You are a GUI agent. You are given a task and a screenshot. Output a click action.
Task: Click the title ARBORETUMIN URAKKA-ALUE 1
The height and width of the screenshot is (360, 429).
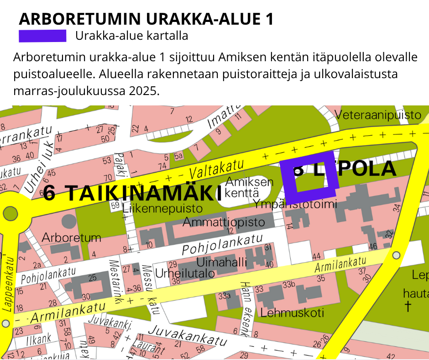pos(146,19)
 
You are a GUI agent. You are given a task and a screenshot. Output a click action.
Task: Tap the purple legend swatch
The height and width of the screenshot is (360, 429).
pos(42,36)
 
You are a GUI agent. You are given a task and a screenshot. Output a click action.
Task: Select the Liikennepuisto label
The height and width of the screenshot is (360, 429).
pos(162,208)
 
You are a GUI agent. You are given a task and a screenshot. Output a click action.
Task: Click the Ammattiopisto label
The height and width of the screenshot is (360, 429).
pos(224,222)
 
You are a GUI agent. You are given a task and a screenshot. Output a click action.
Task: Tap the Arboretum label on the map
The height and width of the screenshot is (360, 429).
pos(71,238)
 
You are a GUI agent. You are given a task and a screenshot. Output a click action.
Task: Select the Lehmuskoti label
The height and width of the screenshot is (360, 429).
pos(292,313)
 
